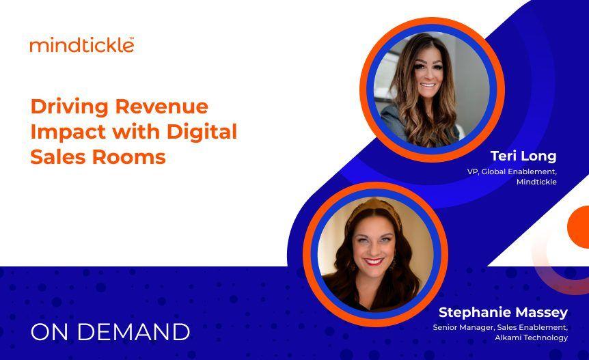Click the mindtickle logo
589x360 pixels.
point(81,45)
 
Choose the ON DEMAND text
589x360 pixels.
point(110,332)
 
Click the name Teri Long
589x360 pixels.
point(523,156)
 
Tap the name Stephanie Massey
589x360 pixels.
point(503,312)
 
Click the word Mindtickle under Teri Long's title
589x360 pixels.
point(536,182)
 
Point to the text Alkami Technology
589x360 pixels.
point(534,337)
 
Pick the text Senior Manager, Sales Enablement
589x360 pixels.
point(500,327)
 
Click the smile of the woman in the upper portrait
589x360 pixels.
point(428,87)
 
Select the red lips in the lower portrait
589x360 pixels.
point(374,261)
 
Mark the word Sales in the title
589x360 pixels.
point(53,156)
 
